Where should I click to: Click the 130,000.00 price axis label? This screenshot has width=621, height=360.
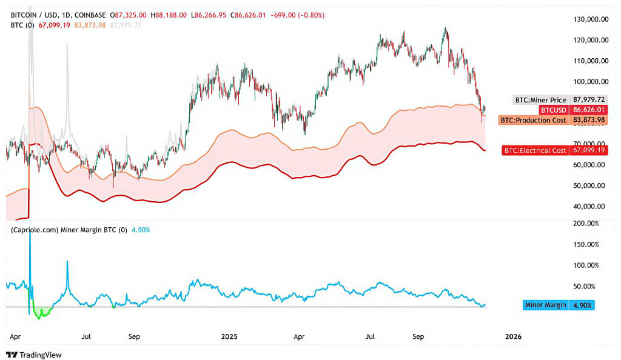coord(590,19)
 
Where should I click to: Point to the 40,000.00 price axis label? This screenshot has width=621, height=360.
coord(590,206)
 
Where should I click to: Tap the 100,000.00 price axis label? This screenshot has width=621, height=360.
coord(590,81)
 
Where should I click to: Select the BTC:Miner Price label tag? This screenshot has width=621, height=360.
coord(540,99)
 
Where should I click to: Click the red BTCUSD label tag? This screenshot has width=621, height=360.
coord(554,110)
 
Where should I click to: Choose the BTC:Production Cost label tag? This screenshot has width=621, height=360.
coord(534,120)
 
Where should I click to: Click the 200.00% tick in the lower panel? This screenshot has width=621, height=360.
coord(586,224)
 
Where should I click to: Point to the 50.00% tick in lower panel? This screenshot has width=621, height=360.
coord(586,286)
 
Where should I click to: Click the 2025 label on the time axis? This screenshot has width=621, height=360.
coord(230,335)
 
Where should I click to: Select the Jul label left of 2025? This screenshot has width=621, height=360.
coord(86,335)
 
